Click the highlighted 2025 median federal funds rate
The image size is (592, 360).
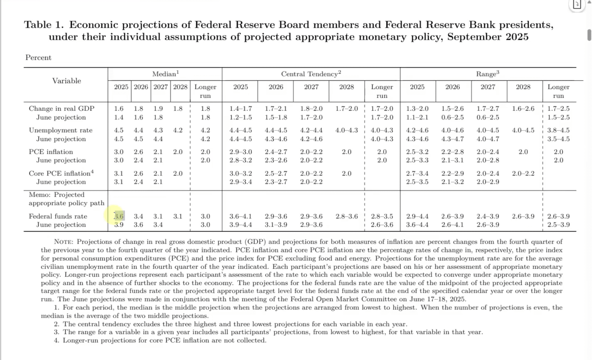(x=119, y=216)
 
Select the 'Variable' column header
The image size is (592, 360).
(x=67, y=81)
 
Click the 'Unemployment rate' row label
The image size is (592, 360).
(x=61, y=130)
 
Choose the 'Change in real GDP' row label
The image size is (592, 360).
(x=61, y=108)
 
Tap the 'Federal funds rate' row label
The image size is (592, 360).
(x=58, y=216)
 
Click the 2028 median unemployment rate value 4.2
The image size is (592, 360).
(x=178, y=130)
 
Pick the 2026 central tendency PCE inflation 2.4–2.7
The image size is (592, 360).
(x=276, y=152)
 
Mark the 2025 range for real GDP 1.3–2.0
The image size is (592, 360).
(x=417, y=108)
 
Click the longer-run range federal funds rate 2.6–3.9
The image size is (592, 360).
(x=558, y=216)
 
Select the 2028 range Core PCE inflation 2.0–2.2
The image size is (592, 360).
(x=523, y=173)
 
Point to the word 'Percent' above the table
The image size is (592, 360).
(x=38, y=57)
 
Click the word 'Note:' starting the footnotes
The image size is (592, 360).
(x=63, y=242)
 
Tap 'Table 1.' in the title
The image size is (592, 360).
(x=44, y=25)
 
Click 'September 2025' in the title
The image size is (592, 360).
(x=488, y=37)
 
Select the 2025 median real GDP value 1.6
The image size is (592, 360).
(x=119, y=108)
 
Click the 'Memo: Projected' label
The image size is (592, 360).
(x=56, y=195)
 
